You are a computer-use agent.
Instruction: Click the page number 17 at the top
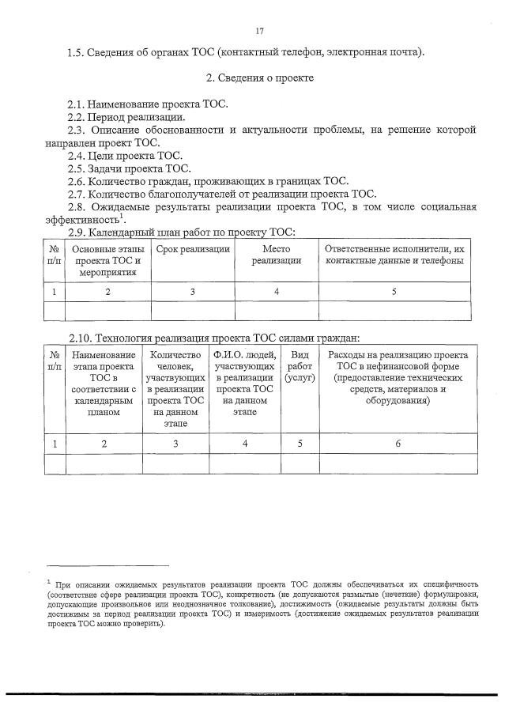tap(259, 31)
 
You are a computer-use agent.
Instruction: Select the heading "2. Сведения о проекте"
tap(260, 78)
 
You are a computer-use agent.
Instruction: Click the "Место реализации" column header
tap(276, 255)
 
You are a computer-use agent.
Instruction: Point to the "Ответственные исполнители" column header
tap(394, 255)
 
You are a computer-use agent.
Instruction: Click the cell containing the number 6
tap(398, 444)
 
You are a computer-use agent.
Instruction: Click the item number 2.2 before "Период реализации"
tap(77, 117)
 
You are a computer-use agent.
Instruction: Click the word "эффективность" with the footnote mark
tap(82, 220)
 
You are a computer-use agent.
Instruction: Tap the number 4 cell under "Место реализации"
tap(276, 292)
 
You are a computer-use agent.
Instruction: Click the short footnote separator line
tap(107, 566)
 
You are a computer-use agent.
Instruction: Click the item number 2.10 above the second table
tap(80, 337)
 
